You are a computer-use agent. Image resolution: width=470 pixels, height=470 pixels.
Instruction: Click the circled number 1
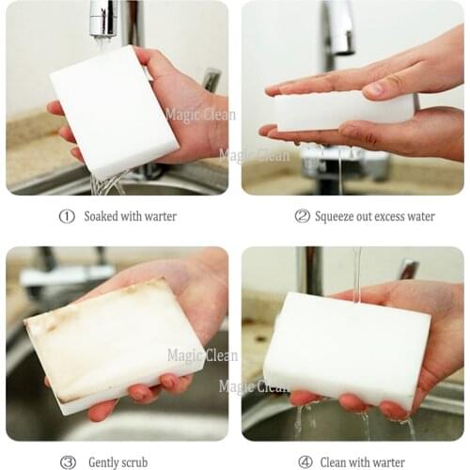point(67,216)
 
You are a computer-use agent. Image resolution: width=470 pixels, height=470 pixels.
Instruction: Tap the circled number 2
point(302,216)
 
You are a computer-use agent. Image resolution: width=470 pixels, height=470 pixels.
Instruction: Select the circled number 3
point(68,462)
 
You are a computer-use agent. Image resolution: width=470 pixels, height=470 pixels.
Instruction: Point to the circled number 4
point(305,462)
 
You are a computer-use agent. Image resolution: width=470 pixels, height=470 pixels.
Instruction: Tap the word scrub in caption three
point(133,462)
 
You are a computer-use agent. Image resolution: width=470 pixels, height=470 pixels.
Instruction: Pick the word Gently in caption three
point(104,462)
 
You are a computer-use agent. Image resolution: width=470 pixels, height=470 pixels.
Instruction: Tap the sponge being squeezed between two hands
point(343,111)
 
